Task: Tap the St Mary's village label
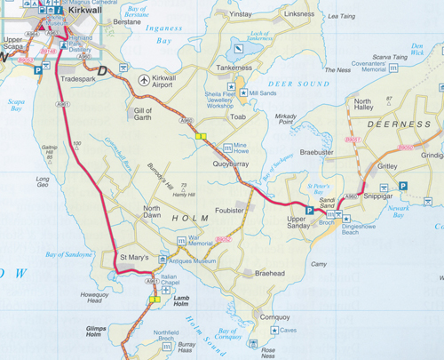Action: pyautogui.click(x=135, y=258)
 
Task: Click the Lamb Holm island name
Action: pyautogui.click(x=183, y=300)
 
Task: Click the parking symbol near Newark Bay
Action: pyautogui.click(x=403, y=185)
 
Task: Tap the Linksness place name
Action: pyautogui.click(x=298, y=14)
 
